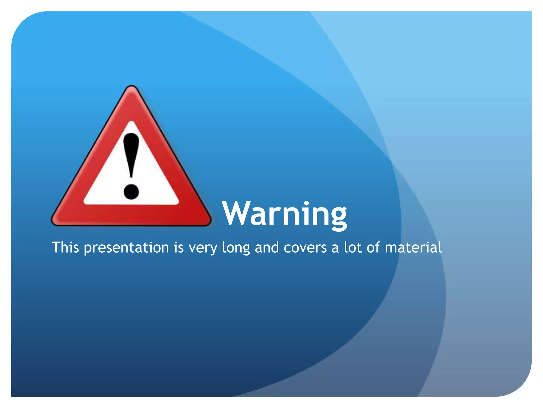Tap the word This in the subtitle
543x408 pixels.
pos(65,247)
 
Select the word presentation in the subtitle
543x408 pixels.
pos(126,248)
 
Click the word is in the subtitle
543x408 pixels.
pos(178,247)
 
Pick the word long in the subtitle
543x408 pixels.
pos(236,248)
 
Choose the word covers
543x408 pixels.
pos(305,248)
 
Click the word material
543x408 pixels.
pos(413,247)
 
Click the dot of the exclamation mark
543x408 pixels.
pos(131,191)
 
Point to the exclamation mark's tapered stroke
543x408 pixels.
pos(131,154)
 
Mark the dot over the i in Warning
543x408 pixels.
pos(306,203)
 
